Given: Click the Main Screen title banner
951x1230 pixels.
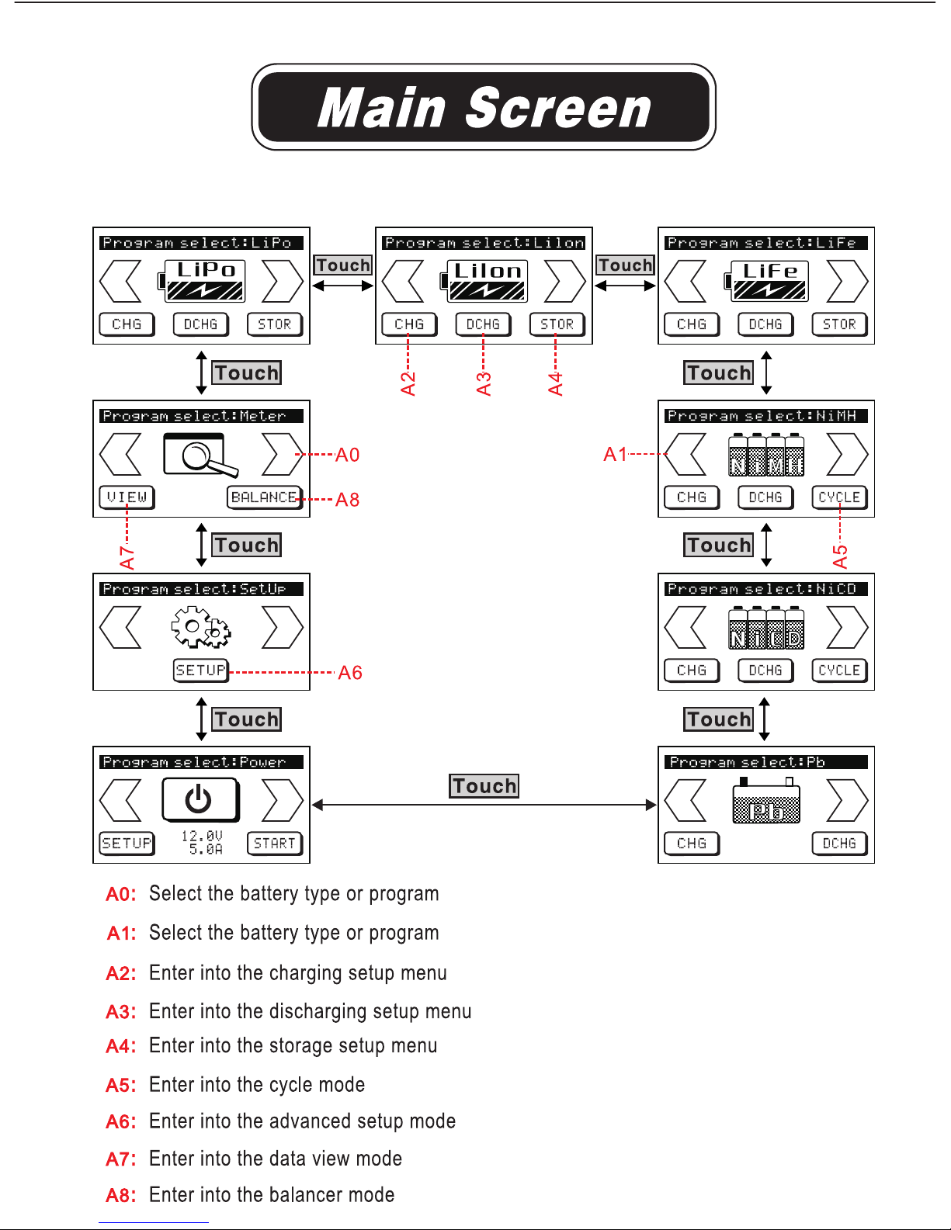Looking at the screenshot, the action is (x=484, y=107).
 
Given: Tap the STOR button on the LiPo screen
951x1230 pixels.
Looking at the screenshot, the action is (x=275, y=324).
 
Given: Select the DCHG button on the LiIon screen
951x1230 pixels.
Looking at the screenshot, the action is (x=483, y=324).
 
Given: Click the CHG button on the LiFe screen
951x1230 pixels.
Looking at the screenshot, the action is (x=692, y=324).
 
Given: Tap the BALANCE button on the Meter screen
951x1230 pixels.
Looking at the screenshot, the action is (x=265, y=497).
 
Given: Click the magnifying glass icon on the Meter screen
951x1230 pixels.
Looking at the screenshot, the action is (x=200, y=455).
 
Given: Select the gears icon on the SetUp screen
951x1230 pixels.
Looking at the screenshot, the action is (x=200, y=626).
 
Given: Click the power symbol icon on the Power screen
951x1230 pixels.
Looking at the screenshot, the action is (x=200, y=800).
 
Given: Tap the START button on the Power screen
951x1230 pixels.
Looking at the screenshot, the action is (x=275, y=844).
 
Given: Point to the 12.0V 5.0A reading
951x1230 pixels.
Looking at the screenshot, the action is (x=203, y=842).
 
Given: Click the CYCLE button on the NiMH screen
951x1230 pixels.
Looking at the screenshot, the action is (x=839, y=497).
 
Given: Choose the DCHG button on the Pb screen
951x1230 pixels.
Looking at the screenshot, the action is (x=839, y=844).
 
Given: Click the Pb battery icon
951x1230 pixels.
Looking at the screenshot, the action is (x=766, y=800).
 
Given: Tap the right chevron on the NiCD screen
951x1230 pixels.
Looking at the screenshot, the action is (x=848, y=627).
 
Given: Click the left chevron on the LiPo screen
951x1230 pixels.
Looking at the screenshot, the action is (x=120, y=282).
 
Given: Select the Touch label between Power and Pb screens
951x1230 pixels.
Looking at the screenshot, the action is (x=484, y=786).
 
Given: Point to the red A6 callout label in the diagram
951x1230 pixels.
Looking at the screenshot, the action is (x=350, y=673).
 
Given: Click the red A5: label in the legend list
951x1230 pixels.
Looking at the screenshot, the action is (x=121, y=1086).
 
